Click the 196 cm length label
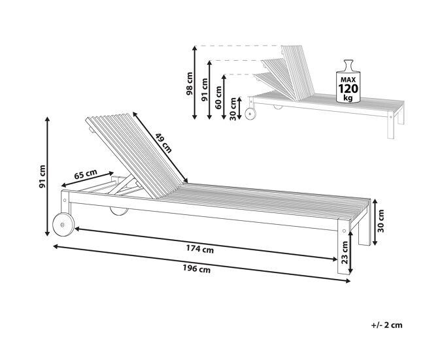pyautogui.click(x=197, y=269)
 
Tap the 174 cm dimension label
pyautogui.click(x=200, y=248)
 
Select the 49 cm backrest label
pyautogui.click(x=163, y=142)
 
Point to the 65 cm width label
pyautogui.click(x=86, y=174)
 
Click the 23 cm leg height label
pyautogui.click(x=345, y=252)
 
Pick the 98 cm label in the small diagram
pyautogui.click(x=189, y=84)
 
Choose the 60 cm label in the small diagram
pyautogui.click(x=218, y=97)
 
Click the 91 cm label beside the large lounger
pyautogui.click(x=42, y=176)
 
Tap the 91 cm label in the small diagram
pyautogui.click(x=204, y=90)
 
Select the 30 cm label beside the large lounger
pyautogui.click(x=381, y=221)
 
